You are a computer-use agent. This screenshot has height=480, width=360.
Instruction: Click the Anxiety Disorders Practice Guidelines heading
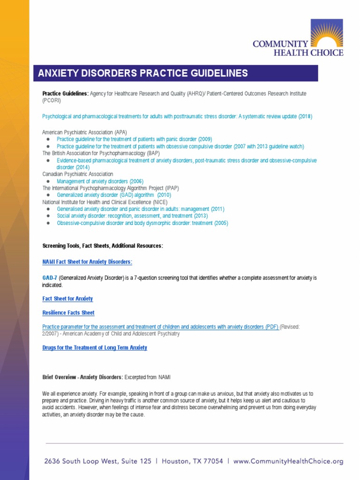tap(143, 73)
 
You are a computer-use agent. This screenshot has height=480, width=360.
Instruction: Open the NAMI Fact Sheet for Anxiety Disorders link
tap(87, 262)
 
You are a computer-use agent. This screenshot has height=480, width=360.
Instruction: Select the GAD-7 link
tap(50, 278)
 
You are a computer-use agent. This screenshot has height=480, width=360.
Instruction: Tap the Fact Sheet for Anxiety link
tap(67, 299)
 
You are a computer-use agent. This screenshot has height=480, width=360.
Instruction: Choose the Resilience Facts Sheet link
tap(68, 313)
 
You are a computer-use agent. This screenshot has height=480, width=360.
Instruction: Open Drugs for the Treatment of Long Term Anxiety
tap(95, 348)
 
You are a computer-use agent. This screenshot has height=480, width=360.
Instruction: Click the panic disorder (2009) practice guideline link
tap(134, 139)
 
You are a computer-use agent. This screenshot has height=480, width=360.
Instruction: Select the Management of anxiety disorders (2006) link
tap(100, 181)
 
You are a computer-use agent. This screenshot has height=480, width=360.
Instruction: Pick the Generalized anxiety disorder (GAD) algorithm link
tap(114, 195)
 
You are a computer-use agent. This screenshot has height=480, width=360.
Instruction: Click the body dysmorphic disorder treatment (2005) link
tap(142, 223)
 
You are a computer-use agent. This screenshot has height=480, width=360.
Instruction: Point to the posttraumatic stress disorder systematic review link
tap(177, 116)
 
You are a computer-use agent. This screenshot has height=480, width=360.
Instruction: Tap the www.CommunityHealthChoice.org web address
tap(288, 461)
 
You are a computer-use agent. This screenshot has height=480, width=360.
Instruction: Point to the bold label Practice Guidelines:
tap(65, 94)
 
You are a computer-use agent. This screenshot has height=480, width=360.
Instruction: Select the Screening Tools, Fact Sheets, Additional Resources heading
tap(103, 246)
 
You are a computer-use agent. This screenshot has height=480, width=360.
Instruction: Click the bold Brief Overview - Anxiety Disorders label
tap(82, 377)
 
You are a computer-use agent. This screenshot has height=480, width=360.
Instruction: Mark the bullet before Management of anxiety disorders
tap(48, 181)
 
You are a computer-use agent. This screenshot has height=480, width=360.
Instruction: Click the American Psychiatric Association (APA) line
tap(84, 132)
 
